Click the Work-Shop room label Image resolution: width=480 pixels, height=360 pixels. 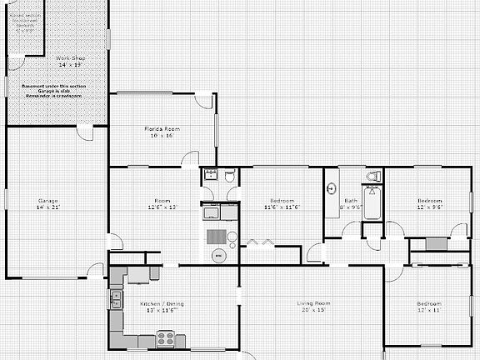point(70,57)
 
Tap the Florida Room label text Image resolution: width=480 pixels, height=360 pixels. point(161,129)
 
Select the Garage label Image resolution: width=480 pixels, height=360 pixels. point(47,200)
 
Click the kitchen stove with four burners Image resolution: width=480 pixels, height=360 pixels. point(167,338)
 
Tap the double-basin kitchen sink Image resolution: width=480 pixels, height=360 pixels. point(116,299)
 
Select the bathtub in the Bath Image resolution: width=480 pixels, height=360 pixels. point(372,204)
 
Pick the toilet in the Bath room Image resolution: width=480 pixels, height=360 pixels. point(373,177)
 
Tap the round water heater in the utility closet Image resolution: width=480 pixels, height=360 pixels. point(218,254)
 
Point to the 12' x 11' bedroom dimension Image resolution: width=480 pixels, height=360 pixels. point(429,309)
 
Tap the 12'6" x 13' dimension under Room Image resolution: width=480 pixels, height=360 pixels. point(162,207)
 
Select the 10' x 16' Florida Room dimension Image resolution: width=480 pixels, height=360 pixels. point(161,135)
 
